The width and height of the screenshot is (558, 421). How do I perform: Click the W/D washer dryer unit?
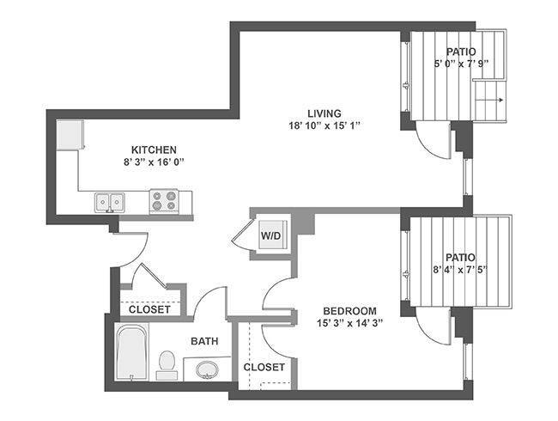click(x=273, y=235)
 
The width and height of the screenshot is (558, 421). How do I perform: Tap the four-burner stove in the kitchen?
click(x=164, y=201)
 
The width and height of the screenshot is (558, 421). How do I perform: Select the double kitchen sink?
click(x=110, y=202)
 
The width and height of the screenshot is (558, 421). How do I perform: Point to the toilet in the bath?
click(x=167, y=365)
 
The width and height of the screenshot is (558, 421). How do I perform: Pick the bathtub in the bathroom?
click(x=131, y=351)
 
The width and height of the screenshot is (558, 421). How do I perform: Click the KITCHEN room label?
click(x=154, y=149)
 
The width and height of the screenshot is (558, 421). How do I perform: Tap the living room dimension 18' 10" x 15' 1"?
click(x=324, y=125)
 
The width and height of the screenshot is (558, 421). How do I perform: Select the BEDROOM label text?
click(x=349, y=311)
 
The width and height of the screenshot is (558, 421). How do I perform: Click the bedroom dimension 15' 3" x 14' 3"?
click(x=349, y=323)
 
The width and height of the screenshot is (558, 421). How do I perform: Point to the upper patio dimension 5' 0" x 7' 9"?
click(x=461, y=64)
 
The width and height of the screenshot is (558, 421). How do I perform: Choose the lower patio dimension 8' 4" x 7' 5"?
click(x=460, y=270)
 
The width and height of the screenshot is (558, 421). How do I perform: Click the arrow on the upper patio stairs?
click(x=489, y=100)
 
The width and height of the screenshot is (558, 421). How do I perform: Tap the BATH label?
click(x=204, y=341)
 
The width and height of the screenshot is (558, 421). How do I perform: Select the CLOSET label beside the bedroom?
click(x=264, y=367)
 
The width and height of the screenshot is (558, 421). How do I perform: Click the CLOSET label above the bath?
click(x=149, y=309)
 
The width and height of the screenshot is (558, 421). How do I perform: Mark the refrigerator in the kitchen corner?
click(x=70, y=135)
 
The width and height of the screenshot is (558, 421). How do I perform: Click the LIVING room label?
click(x=324, y=113)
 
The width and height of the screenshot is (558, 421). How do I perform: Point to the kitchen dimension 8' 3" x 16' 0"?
click(x=154, y=162)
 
